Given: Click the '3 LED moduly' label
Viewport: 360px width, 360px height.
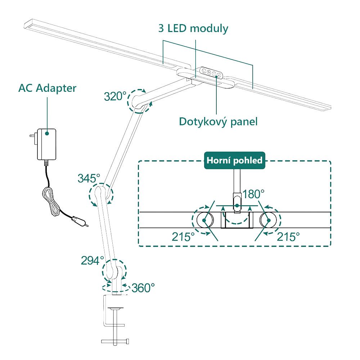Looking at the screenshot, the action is pyautogui.click(x=193, y=28).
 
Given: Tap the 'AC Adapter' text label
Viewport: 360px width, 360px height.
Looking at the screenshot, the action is pyautogui.click(x=47, y=88).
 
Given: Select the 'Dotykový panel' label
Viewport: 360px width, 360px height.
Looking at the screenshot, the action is pyautogui.click(x=218, y=121).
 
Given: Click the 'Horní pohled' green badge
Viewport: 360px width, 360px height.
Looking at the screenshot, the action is pyautogui.click(x=234, y=160).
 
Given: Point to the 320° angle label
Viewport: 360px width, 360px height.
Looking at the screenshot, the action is pyautogui.click(x=115, y=96).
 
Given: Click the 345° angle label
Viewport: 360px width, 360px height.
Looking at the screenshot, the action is pyautogui.click(x=89, y=178).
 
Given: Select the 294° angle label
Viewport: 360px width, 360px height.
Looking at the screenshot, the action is pyautogui.click(x=92, y=260).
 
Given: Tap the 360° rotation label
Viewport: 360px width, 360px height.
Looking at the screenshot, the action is pyautogui.click(x=143, y=288).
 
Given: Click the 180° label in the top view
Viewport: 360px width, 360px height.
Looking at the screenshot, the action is pyautogui.click(x=253, y=194).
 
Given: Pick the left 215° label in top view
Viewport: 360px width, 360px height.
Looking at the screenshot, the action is pyautogui.click(x=183, y=237).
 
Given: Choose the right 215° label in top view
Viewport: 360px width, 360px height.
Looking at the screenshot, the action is pyautogui.click(x=288, y=237).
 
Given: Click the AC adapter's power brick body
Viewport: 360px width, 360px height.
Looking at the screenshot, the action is pyautogui.click(x=46, y=144).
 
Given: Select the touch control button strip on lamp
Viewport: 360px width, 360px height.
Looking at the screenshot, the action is pyautogui.click(x=210, y=73).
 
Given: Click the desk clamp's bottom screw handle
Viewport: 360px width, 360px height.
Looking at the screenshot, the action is pyautogui.click(x=115, y=341).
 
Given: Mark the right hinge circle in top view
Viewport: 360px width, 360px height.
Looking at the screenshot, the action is pyautogui.click(x=269, y=220).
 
